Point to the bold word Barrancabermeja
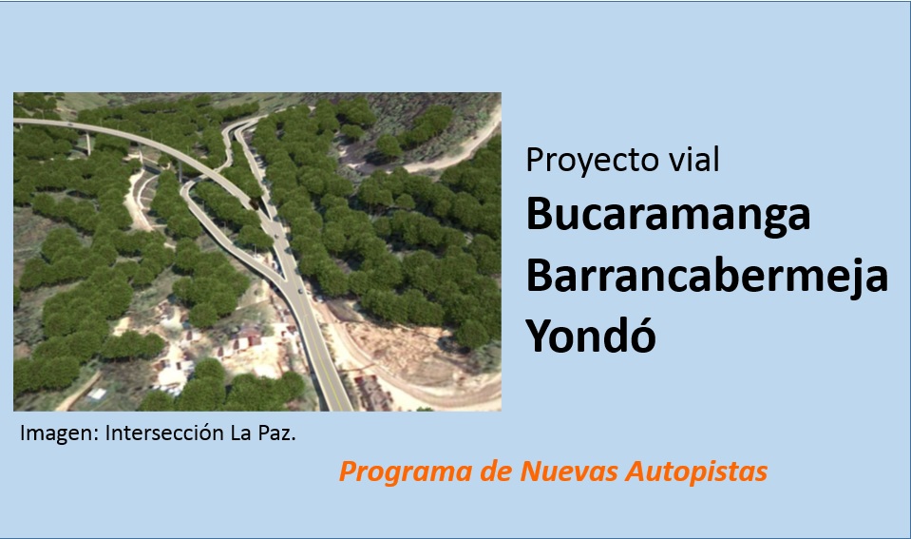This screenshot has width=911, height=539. coord(707,278)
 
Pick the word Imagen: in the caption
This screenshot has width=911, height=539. coord(59,433)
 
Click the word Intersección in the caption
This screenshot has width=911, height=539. coord(164,433)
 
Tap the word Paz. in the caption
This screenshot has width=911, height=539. coord(277,433)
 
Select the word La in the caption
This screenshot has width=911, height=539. coord(241,433)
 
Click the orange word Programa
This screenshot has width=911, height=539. coord(405,472)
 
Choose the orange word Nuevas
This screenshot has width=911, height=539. coord(569,471)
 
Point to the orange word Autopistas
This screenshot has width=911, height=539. coord(696,472)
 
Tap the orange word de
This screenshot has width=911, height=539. coord(496,471)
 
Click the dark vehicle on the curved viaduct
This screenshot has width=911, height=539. coord(254,202)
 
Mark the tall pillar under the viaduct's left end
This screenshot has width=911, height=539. coord(88,144)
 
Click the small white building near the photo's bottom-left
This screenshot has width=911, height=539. coord(97,395)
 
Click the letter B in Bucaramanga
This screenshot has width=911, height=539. coord(539,213)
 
